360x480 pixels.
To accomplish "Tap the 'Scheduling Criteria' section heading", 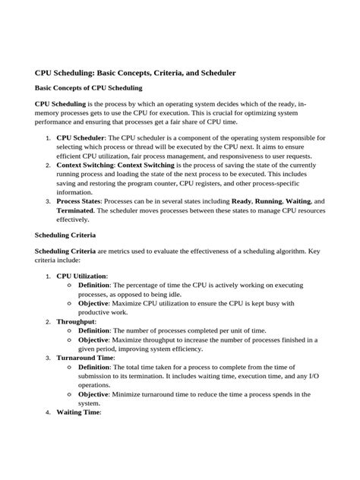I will pos(69,235).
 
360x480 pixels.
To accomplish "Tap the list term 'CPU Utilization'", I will pos(81,275).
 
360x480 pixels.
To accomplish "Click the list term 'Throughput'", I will pos(76,321).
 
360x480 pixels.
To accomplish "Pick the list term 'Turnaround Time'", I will pos(85,358).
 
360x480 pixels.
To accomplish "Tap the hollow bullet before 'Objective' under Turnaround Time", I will pos(70,395).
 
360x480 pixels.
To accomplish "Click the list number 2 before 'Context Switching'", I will pos(49,165).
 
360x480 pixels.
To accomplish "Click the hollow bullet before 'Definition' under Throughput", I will pos(70,330).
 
